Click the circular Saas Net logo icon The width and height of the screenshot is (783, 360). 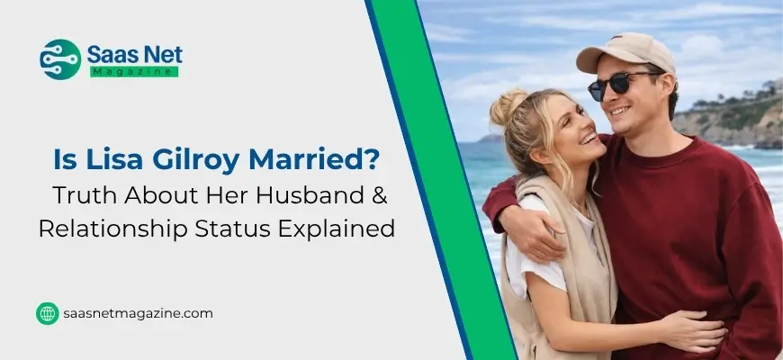click(60, 59)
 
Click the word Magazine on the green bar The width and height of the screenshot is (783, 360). click(134, 71)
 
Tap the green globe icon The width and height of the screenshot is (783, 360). click(47, 313)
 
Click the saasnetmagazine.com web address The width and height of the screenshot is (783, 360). click(138, 313)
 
